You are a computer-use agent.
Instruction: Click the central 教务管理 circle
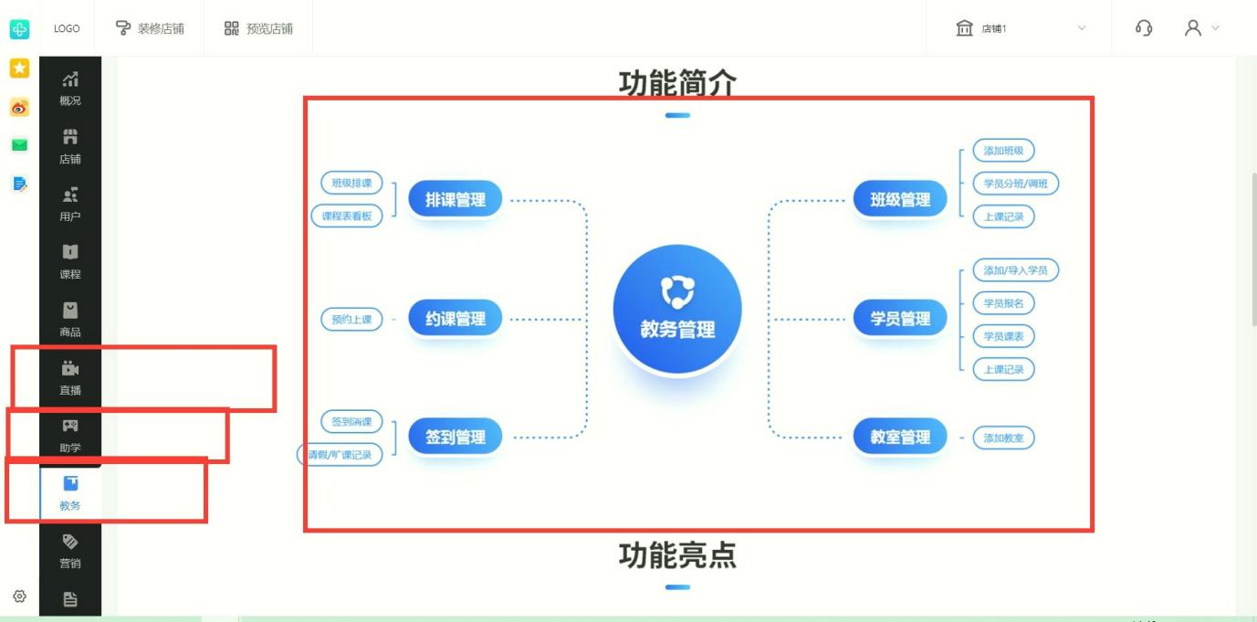pos(677,310)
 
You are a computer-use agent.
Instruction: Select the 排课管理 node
pos(455,199)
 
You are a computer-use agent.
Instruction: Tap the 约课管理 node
pos(455,319)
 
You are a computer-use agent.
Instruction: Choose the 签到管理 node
pos(455,438)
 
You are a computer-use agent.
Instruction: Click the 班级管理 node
pos(900,199)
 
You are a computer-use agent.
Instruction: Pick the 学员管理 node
pos(900,319)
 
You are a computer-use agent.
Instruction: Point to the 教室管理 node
pos(900,438)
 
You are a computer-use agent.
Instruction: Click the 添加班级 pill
pos(1003,151)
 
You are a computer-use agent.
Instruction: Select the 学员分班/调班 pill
pos(1015,184)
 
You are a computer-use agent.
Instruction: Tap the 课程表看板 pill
pos(347,216)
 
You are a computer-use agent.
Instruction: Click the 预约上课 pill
pos(351,320)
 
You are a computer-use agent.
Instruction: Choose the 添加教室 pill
pos(1003,438)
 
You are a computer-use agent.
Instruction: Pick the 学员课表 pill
pos(1003,336)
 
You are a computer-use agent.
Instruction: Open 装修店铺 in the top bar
pos(150,28)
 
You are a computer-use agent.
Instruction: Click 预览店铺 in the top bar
pos(258,28)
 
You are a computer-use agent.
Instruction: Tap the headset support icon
pos(1144,28)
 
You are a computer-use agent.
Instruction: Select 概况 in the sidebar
pos(70,89)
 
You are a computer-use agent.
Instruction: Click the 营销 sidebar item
pos(70,552)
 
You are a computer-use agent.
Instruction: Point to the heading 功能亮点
pos(677,555)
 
